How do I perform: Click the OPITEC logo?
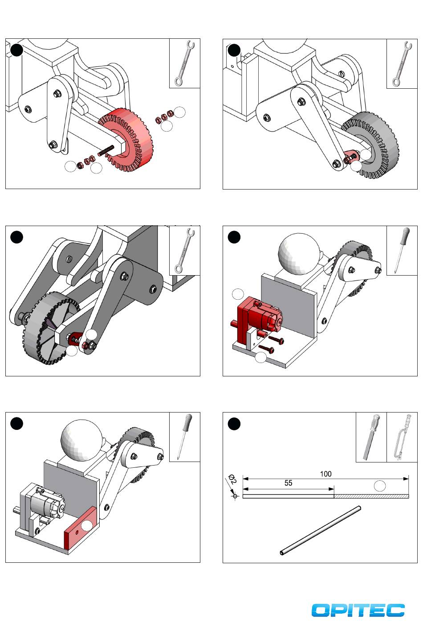(358, 610)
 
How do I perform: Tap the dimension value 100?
(325, 474)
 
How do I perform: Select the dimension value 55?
(288, 483)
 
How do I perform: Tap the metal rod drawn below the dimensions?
(321, 530)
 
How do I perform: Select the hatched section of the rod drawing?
(371, 496)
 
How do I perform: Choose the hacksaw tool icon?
(402, 437)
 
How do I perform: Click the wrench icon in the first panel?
(184, 63)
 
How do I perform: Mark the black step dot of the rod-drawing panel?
(234, 424)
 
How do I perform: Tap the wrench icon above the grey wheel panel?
(402, 63)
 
